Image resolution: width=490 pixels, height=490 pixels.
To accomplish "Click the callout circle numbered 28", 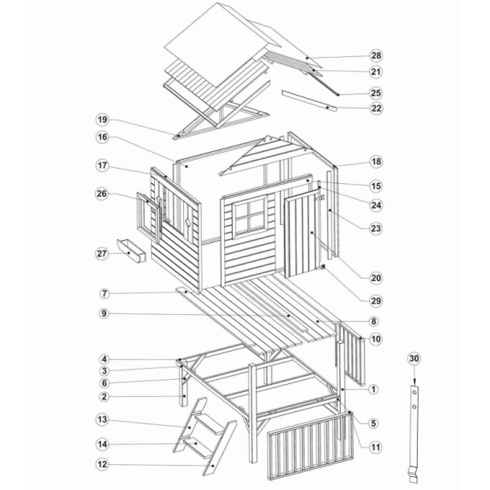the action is pyautogui.click(x=376, y=55).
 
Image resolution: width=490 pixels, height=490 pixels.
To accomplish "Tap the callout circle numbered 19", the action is pyautogui.click(x=102, y=120).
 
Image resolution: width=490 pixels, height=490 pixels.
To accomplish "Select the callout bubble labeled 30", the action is pyautogui.click(x=414, y=358).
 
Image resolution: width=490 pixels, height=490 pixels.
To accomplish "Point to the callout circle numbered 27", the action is pyautogui.click(x=102, y=254).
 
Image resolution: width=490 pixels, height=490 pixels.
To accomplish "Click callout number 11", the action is pyautogui.click(x=376, y=447).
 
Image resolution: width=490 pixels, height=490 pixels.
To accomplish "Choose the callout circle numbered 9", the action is pyautogui.click(x=104, y=313).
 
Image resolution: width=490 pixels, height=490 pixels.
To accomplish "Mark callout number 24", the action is pyautogui.click(x=376, y=206).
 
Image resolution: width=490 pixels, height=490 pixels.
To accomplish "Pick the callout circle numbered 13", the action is pyautogui.click(x=102, y=419).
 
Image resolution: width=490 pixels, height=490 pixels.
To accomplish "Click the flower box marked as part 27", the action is pyautogui.click(x=131, y=251).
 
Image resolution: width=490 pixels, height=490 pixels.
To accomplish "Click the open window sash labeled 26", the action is pyautogui.click(x=149, y=218).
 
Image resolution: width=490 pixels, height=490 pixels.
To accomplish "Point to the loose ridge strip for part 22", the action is pyautogui.click(x=309, y=100).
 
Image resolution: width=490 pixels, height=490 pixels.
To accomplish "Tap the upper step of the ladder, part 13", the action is pyautogui.click(x=207, y=423).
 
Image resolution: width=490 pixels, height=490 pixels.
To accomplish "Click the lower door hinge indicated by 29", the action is pyautogui.click(x=322, y=267).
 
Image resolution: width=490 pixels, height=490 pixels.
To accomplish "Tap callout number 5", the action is pyautogui.click(x=374, y=423).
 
